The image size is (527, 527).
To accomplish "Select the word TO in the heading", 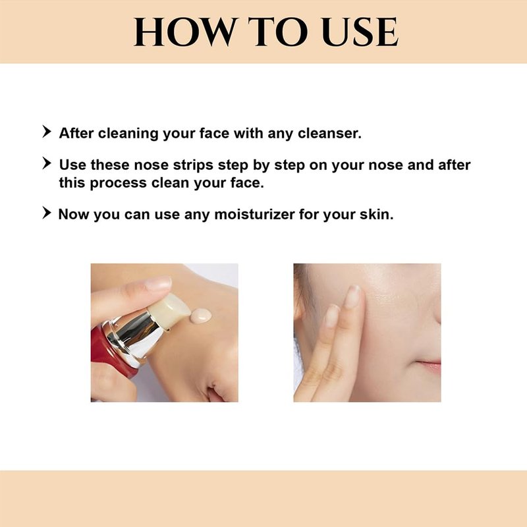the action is pos(278,32).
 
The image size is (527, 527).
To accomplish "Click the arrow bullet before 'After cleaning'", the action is pos(47,131).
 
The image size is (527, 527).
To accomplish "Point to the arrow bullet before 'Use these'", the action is pos(47,163).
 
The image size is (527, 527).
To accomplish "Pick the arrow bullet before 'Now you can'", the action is pos(47,213).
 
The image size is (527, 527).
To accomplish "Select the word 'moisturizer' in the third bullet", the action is pos(254,215).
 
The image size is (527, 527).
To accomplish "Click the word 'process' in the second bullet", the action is pos(119,184).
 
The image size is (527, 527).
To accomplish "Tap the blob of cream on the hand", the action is pos(201,316).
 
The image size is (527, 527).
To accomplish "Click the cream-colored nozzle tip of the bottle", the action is pos(171,310).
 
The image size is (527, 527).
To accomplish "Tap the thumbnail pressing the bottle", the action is pos(158,284).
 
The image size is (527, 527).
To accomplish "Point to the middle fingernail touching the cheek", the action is pos(352,296).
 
